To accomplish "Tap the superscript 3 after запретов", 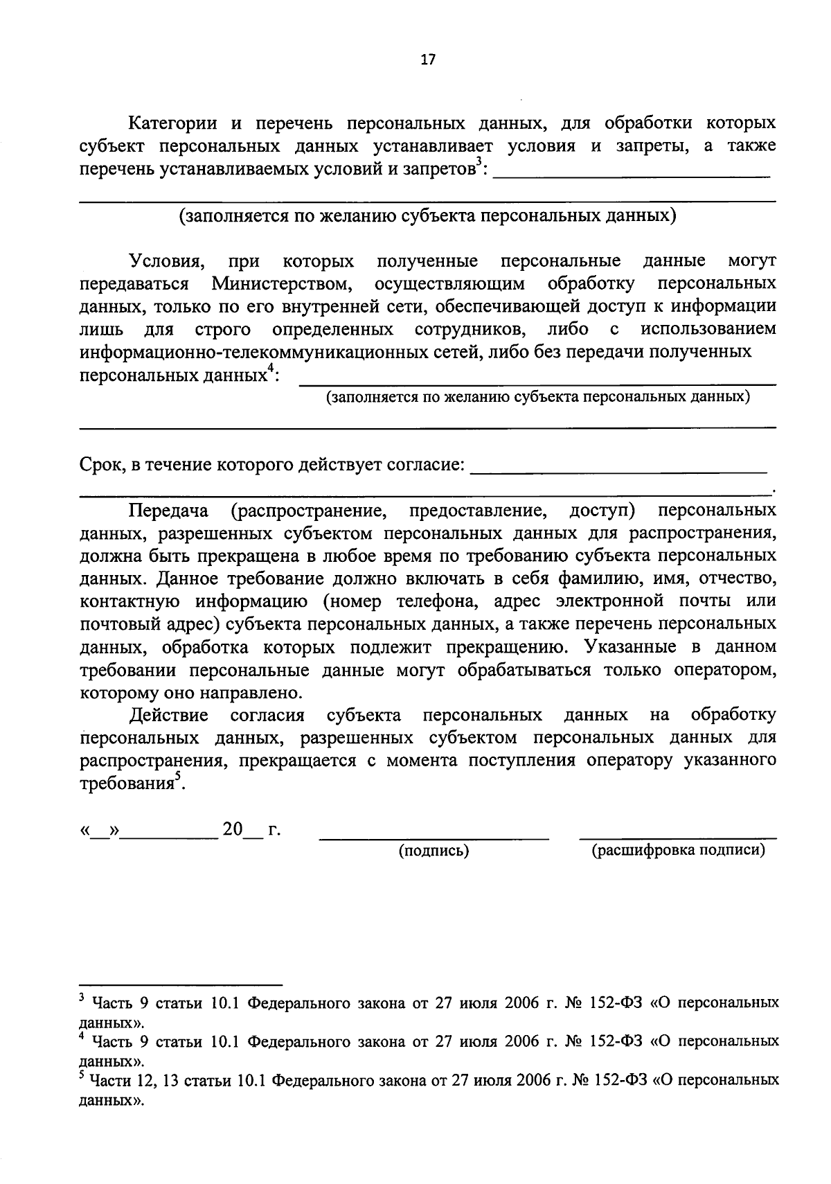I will click(x=478, y=164).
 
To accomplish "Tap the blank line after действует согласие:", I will click(x=618, y=472).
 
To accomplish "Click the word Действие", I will click(x=168, y=714).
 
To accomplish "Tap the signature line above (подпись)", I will click(x=434, y=839).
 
